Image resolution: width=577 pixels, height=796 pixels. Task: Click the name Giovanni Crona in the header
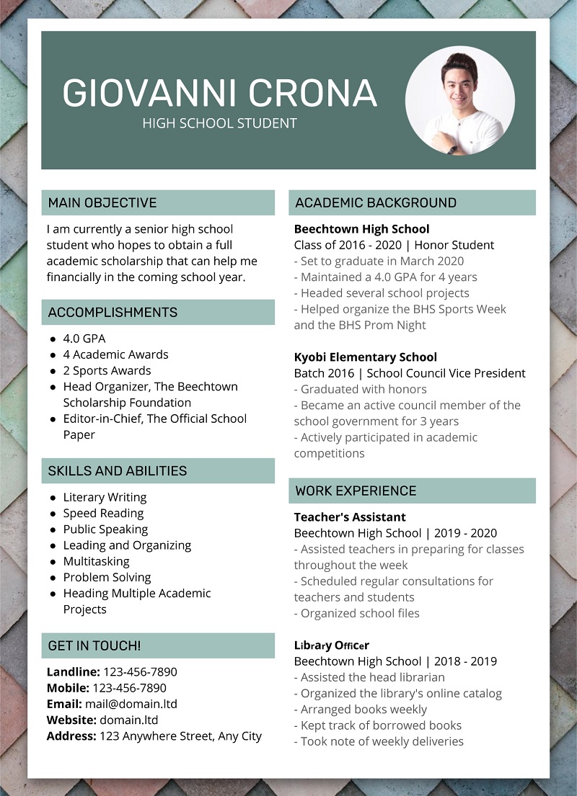219,92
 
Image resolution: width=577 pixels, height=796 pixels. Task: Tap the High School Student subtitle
219,123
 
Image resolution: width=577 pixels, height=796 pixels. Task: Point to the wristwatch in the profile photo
452,149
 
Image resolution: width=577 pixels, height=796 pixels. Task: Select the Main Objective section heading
102,202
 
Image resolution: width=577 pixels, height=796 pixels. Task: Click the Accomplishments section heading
113,312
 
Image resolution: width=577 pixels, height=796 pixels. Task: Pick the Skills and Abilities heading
117,470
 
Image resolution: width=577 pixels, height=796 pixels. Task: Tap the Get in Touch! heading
94,645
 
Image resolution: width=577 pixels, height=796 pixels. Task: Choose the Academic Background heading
375,202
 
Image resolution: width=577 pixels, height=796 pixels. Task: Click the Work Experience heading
356,491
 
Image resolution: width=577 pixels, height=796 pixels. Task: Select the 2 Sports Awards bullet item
107,370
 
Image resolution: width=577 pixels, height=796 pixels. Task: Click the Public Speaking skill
105,529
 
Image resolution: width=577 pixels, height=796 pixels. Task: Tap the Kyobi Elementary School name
365,357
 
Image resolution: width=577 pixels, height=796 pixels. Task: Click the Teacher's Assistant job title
350,516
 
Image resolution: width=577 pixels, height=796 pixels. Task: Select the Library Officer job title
331,645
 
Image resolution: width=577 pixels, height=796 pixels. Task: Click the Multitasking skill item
96,561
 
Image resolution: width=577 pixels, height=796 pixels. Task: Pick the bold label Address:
71,735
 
